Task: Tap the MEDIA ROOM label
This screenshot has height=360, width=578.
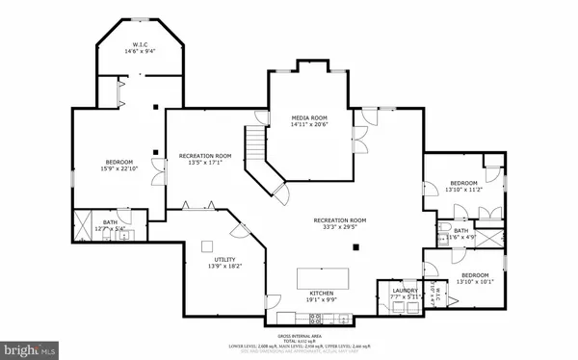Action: [x=310, y=116]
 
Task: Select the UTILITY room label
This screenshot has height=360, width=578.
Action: [x=223, y=260]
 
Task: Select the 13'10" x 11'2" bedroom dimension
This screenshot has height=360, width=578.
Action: [x=463, y=191]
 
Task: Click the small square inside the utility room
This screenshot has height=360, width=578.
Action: [x=204, y=244]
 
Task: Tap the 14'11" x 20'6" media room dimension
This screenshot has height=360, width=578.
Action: [x=310, y=124]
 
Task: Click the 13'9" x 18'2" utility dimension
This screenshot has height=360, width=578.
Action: [x=223, y=268]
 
